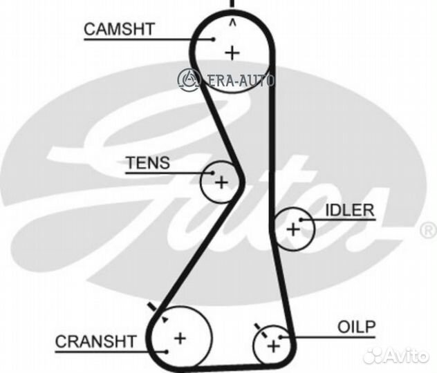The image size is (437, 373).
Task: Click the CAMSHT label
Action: pyautogui.click(x=120, y=29)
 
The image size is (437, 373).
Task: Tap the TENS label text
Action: pyautogui.click(x=148, y=163)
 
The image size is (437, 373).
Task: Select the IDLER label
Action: pyautogui.click(x=350, y=211)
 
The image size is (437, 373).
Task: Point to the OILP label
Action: pyautogui.click(x=357, y=327)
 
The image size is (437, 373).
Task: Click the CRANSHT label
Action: pyautogui.click(x=95, y=341)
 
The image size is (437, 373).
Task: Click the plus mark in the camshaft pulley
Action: pyautogui.click(x=232, y=53)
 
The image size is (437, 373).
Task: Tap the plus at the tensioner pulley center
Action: pyautogui.click(x=221, y=183)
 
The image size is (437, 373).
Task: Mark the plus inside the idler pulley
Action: pyautogui.click(x=293, y=230)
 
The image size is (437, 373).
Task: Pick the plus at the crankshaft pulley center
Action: pyautogui.click(x=180, y=338)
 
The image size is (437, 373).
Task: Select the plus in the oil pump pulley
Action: pyautogui.click(x=273, y=347)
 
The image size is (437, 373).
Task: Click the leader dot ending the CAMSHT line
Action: pyautogui.click(x=214, y=39)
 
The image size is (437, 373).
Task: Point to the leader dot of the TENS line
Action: pyautogui.click(x=213, y=173)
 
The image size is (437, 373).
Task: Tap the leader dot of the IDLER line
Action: pyautogui.click(x=301, y=220)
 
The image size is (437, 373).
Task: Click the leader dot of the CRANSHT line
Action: pyautogui.click(x=167, y=352)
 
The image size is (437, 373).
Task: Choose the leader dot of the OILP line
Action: pyautogui.click(x=281, y=337)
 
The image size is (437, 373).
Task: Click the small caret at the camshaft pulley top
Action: pyautogui.click(x=232, y=23)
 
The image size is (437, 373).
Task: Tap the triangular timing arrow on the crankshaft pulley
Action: pyautogui.click(x=165, y=319)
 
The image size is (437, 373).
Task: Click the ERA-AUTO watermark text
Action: pyautogui.click(x=241, y=81)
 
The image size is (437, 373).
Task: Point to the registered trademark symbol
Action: pyautogui.click(x=429, y=231)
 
